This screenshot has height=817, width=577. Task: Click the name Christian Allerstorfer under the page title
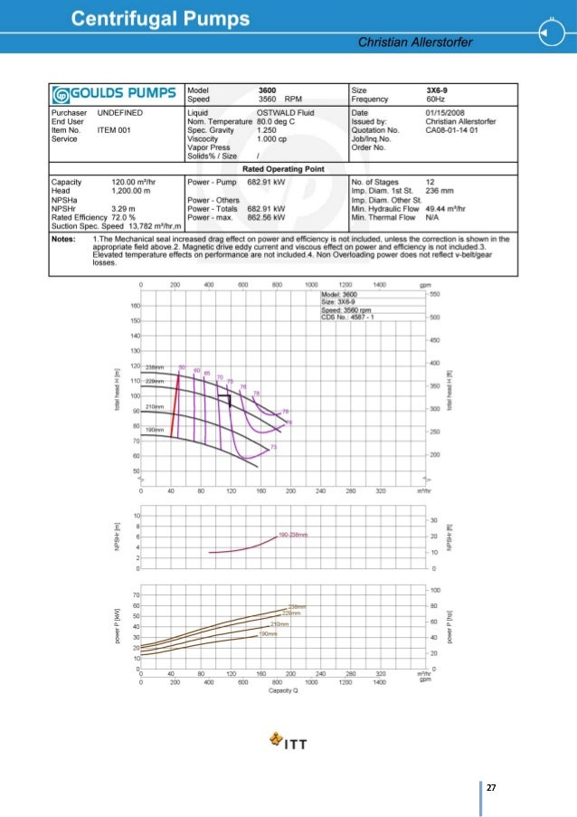(x=421, y=43)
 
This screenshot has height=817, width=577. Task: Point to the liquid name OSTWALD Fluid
(x=279, y=111)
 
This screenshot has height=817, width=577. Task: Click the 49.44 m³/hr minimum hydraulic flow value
(x=449, y=209)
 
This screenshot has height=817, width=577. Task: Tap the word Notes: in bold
(x=63, y=238)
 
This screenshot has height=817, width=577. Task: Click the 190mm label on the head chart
(x=153, y=427)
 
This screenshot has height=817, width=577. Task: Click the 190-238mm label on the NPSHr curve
(x=293, y=535)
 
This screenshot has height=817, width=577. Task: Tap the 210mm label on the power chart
(x=279, y=624)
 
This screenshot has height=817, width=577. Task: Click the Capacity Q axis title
(x=284, y=691)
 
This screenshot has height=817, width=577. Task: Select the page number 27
(x=491, y=788)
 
